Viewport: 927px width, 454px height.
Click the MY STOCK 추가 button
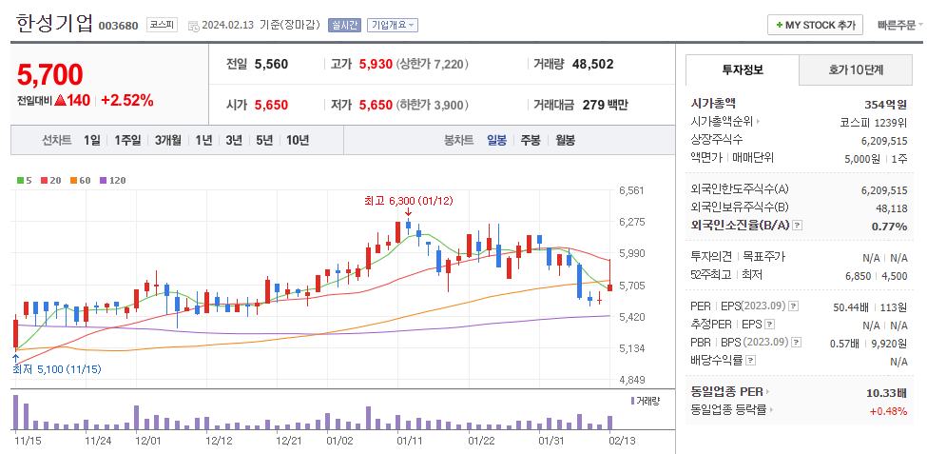coord(815,26)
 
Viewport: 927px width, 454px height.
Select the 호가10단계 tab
coord(856,69)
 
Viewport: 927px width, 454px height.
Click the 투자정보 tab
coord(743,69)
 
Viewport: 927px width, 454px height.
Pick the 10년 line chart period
coord(297,140)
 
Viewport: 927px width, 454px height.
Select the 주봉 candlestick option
coord(530,140)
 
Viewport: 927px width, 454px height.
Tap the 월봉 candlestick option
coord(565,140)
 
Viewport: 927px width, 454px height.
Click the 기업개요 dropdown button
coord(393,26)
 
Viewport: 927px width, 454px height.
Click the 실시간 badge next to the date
coord(344,26)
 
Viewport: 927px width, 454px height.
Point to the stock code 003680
coord(118,26)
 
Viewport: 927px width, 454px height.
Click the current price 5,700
coord(49,74)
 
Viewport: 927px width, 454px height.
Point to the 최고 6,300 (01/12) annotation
coord(409,201)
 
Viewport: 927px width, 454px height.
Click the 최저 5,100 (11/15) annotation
coord(56,368)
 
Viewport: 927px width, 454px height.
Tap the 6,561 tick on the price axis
coord(630,190)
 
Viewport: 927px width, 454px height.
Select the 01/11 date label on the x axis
coord(410,441)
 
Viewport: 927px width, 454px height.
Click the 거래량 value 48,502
coord(592,65)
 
